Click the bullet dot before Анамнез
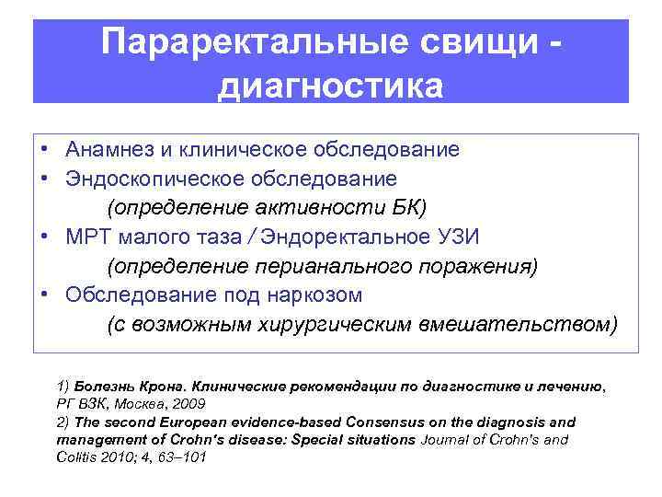click(44, 149)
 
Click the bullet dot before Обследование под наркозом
click(44, 295)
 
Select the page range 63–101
click(182, 457)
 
